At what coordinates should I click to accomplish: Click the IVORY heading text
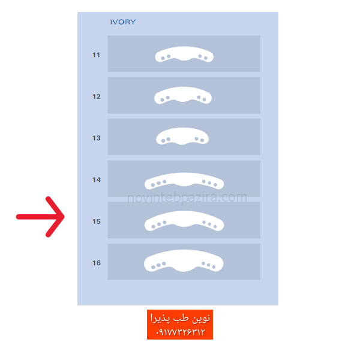(123, 22)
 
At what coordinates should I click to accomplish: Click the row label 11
(96, 55)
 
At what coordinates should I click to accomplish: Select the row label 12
(97, 97)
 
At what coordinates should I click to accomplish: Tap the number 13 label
(97, 138)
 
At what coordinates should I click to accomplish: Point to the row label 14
(97, 180)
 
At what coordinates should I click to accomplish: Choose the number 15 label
(97, 221)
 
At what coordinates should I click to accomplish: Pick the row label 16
(97, 263)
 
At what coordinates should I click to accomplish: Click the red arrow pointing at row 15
(40, 217)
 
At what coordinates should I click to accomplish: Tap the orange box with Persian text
(180, 325)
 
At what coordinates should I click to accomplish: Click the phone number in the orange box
(180, 332)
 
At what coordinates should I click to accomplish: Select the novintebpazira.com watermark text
(187, 197)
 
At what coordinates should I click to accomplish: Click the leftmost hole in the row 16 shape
(153, 267)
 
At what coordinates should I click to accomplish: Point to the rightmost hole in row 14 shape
(215, 185)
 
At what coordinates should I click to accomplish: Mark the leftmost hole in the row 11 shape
(163, 58)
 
